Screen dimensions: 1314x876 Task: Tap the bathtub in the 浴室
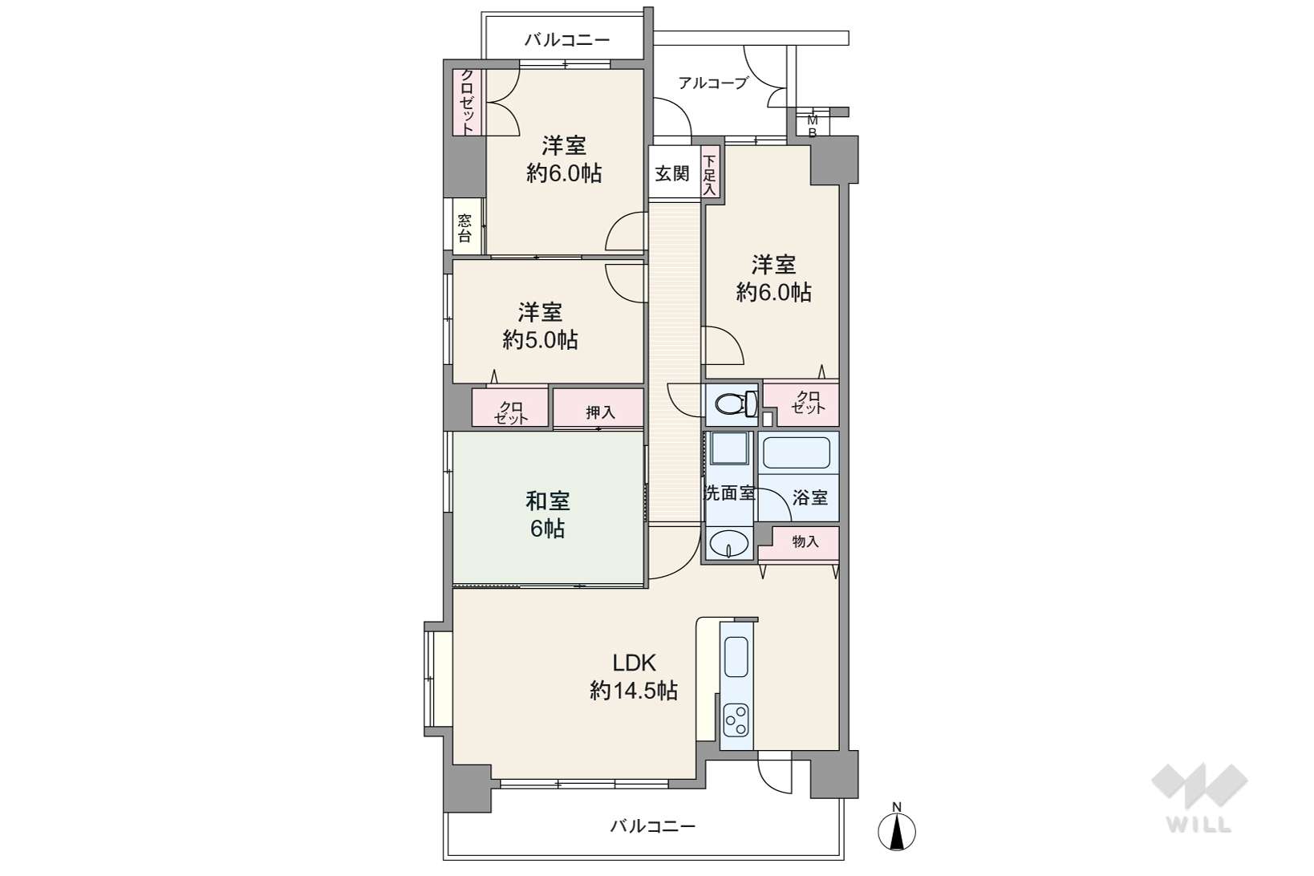[x=797, y=452]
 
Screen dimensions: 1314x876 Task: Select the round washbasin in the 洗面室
[x=728, y=544]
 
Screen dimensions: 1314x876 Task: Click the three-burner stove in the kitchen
[x=736, y=720]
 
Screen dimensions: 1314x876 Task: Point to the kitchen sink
[x=736, y=657]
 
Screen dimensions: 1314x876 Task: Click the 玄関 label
[x=671, y=173]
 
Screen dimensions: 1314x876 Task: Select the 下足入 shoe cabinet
[x=711, y=173]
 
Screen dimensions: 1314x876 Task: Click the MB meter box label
[x=813, y=127]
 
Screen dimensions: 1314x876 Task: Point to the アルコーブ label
[x=713, y=83]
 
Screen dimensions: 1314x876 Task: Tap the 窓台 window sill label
[x=464, y=229]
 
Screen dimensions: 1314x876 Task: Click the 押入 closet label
[x=600, y=412]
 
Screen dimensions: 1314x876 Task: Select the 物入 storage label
[x=805, y=541]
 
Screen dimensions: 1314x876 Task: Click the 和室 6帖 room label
[x=547, y=514]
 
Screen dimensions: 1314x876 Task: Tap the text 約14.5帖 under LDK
[x=634, y=691]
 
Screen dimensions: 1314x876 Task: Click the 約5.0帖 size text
[x=540, y=339]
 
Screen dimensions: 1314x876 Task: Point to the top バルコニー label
[x=567, y=40]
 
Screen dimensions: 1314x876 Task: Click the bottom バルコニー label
[x=653, y=826]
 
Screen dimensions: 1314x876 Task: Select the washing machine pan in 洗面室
[x=729, y=448]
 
